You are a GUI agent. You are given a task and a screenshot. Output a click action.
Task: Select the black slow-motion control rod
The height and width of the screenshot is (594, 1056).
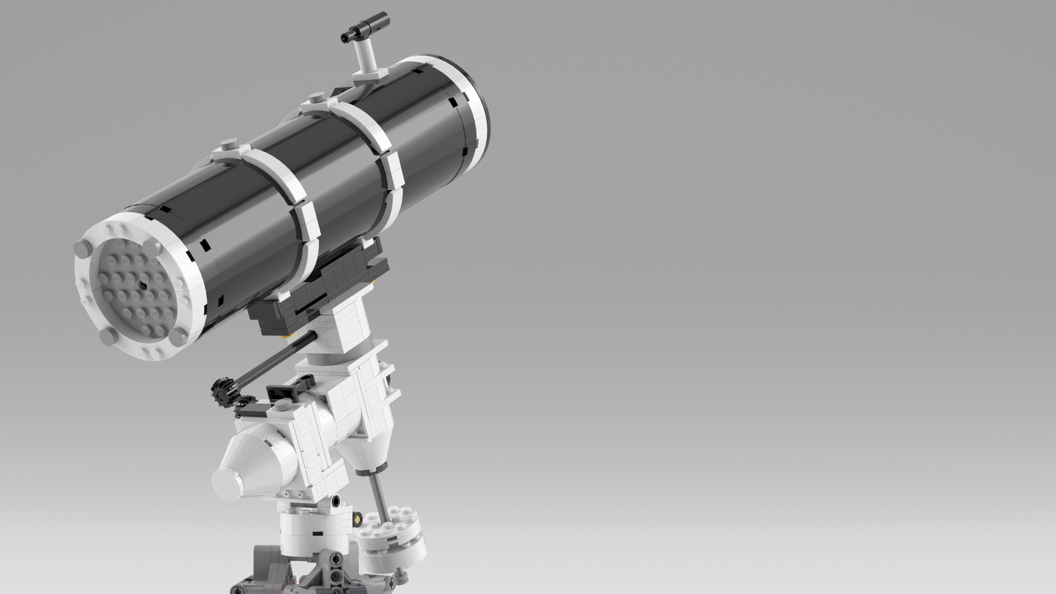tap(271, 364)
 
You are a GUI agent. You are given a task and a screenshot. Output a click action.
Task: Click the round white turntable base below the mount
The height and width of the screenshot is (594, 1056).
tap(310, 528)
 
